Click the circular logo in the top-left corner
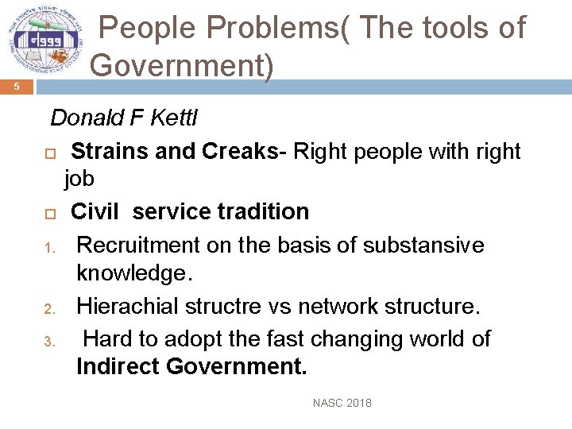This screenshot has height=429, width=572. tap(44, 41)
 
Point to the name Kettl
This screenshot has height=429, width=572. tap(172, 118)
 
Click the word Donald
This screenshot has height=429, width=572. tap(82, 118)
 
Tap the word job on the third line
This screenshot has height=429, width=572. tap(79, 179)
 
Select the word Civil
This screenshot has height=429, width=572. tap(95, 212)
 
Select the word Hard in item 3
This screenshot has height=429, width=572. tap(108, 339)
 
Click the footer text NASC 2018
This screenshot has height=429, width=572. tap(342, 403)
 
